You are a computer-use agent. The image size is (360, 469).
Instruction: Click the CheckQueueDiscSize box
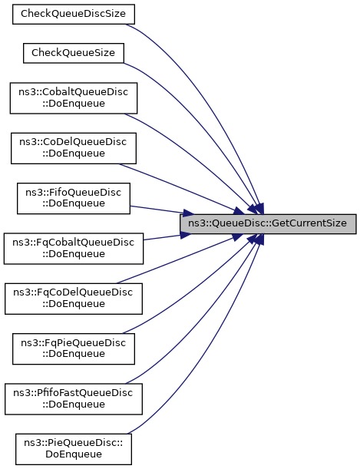pos(74,14)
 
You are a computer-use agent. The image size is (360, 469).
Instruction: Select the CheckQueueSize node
pos(74,53)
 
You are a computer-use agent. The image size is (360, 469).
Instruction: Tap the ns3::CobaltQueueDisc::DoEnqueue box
pos(74,98)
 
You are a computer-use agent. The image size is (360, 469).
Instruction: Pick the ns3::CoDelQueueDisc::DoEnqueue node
pos(74,148)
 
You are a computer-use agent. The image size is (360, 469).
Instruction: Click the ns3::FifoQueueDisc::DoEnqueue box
pos(74,198)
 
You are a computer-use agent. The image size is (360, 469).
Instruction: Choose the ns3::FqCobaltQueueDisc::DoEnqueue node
pos(74,249)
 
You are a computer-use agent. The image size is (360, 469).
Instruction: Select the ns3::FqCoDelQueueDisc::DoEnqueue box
pos(74,299)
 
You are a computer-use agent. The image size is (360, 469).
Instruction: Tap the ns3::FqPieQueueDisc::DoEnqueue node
pos(74,348)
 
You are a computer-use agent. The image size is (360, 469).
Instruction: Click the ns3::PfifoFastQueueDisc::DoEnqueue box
pos(74,399)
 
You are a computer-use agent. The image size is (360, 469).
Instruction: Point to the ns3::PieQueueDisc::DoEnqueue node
pos(74,449)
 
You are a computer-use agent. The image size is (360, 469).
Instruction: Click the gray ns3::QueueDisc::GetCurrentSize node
pos(268,223)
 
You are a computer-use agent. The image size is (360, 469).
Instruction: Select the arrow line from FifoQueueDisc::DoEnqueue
pos(162,210)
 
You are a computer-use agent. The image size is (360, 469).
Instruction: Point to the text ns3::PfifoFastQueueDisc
pos(73,393)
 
